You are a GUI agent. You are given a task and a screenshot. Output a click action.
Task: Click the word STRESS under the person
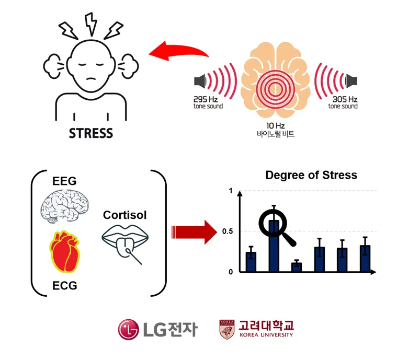pos(91,133)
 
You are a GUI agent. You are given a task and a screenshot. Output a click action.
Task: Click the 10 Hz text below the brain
pos(276,125)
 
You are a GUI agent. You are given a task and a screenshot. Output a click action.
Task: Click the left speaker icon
pos(199,81)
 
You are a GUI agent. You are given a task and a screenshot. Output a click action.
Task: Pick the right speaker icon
pos(351,81)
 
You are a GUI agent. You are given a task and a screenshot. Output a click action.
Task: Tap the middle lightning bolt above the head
pos(91,22)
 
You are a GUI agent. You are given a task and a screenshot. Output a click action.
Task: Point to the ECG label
pos(65,285)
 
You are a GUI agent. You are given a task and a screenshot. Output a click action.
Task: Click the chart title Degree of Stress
pos(311,175)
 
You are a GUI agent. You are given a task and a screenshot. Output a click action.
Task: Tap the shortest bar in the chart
pos(297,266)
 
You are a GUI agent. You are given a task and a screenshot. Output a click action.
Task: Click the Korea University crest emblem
pos(226,329)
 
